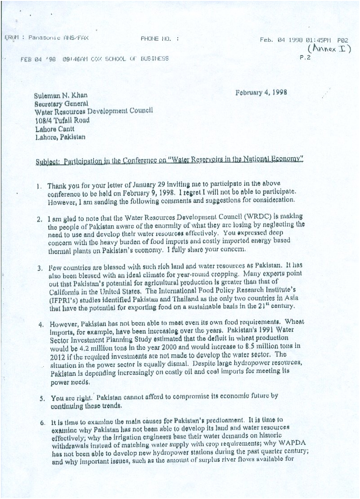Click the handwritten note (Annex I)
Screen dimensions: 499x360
pyautogui.click(x=329, y=48)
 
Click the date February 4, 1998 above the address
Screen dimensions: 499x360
pyautogui.click(x=261, y=93)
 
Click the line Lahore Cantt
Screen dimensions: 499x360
pyautogui.click(x=55, y=129)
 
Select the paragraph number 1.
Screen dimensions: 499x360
pyautogui.click(x=40, y=185)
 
